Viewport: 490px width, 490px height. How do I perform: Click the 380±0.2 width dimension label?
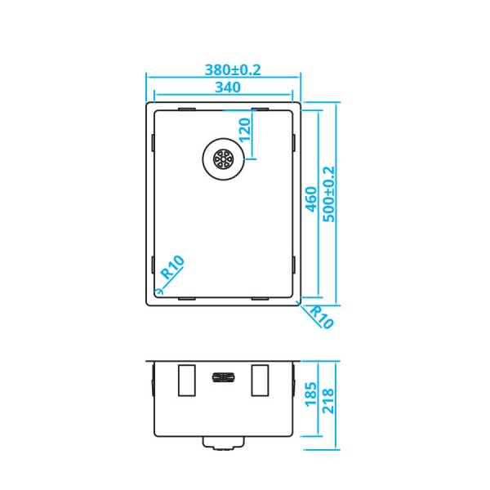pos(223,70)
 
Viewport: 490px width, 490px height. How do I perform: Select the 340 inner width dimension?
pos(224,87)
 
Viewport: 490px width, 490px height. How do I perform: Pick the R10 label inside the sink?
pos(173,268)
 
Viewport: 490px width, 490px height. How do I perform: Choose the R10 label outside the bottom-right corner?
pos(321,316)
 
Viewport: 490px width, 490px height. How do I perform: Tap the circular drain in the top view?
pos(222,158)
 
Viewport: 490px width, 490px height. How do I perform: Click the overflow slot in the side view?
pos(223,377)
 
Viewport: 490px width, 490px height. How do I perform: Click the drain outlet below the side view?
pos(223,443)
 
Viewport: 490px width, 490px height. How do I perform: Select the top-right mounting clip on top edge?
pos(261,109)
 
